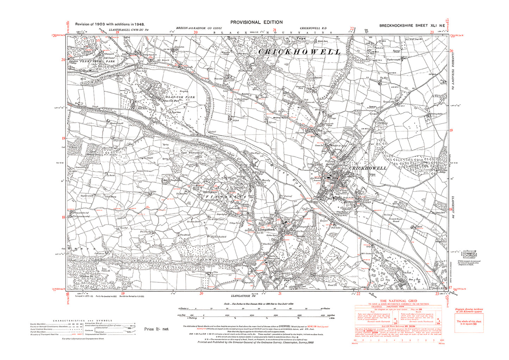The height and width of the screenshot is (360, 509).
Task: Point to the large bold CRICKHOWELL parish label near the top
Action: [x=300, y=52]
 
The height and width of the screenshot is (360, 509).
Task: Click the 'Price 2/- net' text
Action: [x=156, y=329]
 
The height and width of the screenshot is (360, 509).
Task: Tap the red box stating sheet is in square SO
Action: [x=469, y=323]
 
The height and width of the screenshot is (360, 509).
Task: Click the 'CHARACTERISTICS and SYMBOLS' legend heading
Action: [x=82, y=321]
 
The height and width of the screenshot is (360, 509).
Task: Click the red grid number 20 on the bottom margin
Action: [x=201, y=293]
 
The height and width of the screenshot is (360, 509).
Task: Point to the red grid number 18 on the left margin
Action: [x=63, y=217]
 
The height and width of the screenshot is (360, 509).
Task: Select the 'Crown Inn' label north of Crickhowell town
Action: [x=319, y=145]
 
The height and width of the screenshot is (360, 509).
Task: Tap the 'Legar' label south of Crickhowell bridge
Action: [x=324, y=221]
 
